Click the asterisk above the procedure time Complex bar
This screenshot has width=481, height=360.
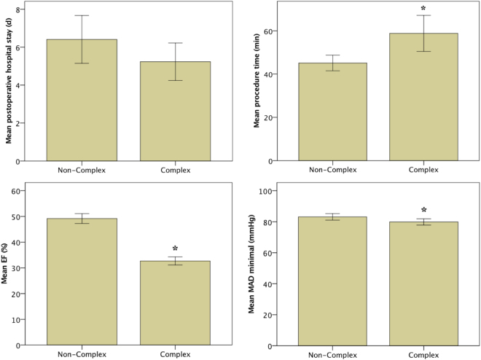(423, 9)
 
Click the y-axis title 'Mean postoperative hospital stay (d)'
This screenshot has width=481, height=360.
(9, 81)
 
